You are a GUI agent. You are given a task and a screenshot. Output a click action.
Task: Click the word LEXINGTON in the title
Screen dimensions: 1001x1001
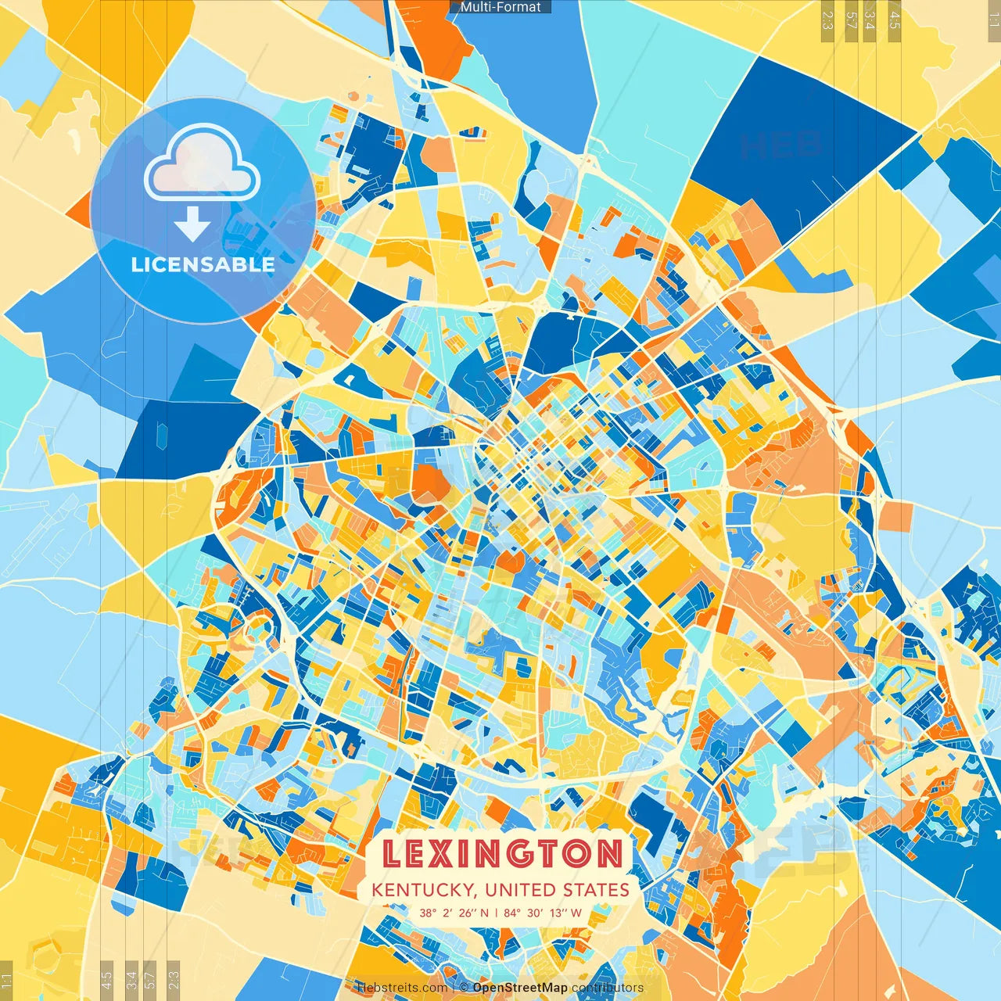[502, 853]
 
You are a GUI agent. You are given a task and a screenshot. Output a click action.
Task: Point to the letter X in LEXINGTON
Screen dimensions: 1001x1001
[440, 853]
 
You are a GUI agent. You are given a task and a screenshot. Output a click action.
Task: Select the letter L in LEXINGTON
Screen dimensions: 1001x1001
[392, 853]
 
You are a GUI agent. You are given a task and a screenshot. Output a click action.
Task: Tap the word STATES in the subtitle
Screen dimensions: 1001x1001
[597, 890]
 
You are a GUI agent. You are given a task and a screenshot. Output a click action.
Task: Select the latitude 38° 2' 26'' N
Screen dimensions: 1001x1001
[454, 913]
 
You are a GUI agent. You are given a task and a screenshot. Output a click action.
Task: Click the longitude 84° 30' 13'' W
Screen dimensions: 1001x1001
[543, 913]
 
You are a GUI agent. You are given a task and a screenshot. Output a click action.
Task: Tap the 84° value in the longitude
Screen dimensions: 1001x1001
[512, 913]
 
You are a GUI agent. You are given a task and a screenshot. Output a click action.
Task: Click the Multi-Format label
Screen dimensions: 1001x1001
[500, 7]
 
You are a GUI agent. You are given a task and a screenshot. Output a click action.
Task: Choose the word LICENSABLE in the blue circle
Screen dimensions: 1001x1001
[203, 264]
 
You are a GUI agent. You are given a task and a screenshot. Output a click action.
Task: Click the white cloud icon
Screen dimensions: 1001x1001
[203, 162]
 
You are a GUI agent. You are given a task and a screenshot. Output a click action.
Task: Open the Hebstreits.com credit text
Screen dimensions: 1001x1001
[402, 988]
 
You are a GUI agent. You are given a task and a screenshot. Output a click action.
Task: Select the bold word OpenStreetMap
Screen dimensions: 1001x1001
[520, 988]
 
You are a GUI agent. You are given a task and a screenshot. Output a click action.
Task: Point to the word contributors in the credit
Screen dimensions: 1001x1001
[608, 988]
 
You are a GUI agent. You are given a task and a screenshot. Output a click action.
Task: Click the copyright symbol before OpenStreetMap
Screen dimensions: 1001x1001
[464, 988]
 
